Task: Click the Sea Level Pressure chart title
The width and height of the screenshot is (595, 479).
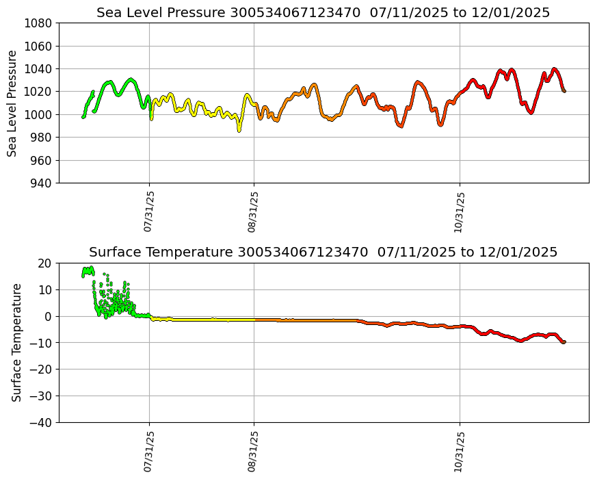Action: coord(323,12)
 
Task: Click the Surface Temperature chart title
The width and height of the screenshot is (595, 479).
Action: coord(323,252)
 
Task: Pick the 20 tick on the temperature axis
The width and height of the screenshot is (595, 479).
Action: coord(45,263)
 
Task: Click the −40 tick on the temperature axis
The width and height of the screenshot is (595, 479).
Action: coord(42,423)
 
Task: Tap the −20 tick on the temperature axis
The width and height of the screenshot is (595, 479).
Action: coord(42,370)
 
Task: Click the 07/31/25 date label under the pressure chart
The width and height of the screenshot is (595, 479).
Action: coord(148,211)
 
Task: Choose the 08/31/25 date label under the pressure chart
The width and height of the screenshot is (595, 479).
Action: coord(253,211)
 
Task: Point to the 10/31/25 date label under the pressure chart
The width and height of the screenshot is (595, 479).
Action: coord(460,211)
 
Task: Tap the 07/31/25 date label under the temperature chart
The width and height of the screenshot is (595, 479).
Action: coord(148,450)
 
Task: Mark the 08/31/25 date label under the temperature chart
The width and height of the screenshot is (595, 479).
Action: coord(253,450)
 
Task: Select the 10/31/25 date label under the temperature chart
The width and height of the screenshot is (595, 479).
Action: coord(460,450)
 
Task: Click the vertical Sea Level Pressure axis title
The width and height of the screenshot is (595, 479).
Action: coord(13,103)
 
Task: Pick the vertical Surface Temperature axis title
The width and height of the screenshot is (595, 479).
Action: coord(16,342)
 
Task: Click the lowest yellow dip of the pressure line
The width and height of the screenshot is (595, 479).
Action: coord(239,129)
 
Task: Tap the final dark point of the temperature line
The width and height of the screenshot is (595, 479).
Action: coord(564,341)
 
